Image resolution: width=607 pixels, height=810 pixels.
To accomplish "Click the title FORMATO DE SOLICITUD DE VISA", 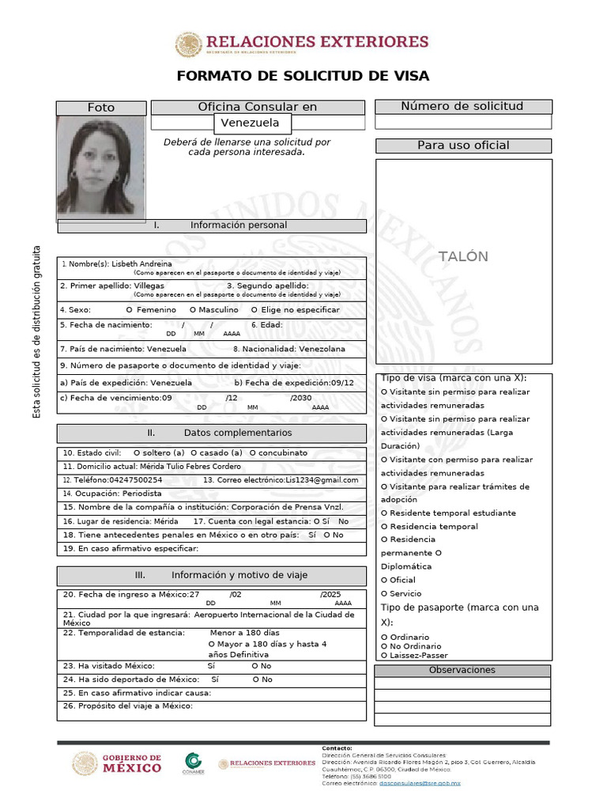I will point(303,76).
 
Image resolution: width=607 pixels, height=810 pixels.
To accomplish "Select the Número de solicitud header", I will point(462,107).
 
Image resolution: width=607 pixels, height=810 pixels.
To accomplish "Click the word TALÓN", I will point(464,256).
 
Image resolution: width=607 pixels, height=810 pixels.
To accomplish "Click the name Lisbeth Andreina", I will point(142,263).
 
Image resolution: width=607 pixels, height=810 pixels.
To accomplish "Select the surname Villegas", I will point(149,285).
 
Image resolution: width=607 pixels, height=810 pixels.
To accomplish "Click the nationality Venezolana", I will point(322,348).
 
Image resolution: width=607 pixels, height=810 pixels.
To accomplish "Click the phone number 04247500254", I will point(135,479).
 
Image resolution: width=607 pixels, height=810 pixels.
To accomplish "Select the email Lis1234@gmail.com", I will point(322,479).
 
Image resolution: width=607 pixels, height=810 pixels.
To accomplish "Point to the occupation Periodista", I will point(140,493).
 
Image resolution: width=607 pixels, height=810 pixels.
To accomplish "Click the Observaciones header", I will point(462,670).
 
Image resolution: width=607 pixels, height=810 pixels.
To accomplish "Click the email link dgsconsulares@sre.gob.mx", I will point(420,783).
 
